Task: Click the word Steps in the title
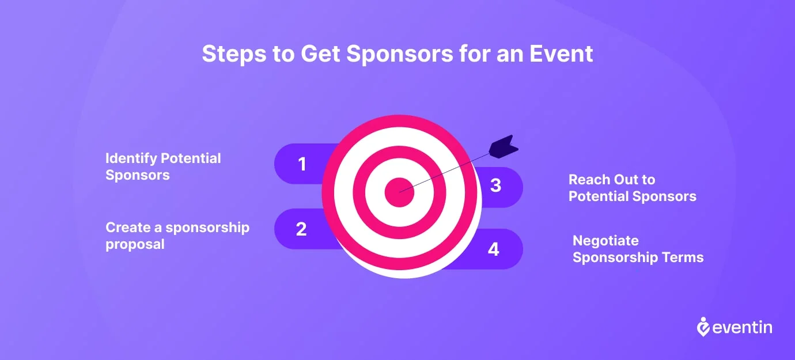click(234, 54)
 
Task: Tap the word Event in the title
click(561, 54)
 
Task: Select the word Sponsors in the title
click(400, 54)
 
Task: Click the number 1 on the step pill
click(302, 164)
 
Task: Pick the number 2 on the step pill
click(301, 229)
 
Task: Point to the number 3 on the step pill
click(495, 185)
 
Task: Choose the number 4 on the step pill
click(493, 249)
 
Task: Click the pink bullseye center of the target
click(399, 192)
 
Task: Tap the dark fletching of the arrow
click(503, 147)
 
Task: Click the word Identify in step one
click(131, 159)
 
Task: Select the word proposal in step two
click(135, 245)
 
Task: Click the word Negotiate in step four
click(605, 241)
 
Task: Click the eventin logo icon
click(703, 327)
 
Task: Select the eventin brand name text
click(742, 327)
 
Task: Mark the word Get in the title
click(320, 54)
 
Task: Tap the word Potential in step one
click(191, 158)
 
